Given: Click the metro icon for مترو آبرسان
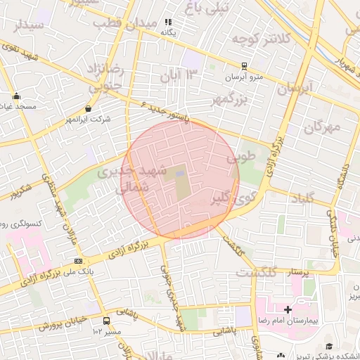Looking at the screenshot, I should pos(244,67).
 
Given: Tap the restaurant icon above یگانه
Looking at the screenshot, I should pos(168,22).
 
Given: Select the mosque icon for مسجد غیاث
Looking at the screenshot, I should pos(16,96).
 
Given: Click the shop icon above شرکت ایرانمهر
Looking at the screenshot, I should pos(88,109).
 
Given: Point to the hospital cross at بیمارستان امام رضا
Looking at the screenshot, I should pos(288,309).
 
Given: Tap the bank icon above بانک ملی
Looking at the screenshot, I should pos(77,261).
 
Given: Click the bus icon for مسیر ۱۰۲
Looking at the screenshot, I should pos(106,321).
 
